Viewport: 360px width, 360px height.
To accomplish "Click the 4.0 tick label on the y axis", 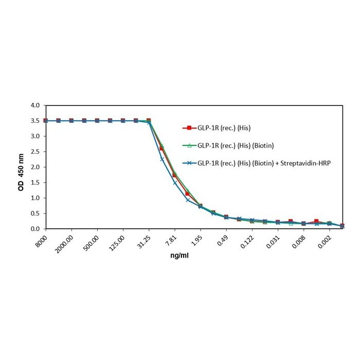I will [x=35, y=105].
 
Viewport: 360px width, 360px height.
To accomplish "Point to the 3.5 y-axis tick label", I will [x=35, y=121].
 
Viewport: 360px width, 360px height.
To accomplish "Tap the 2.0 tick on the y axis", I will [x=35, y=167].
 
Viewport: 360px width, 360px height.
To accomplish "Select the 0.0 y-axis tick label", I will [x=35, y=229].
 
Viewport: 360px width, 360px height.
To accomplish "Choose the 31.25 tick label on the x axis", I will [x=145, y=241].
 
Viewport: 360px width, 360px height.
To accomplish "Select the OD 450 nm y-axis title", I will [x=21, y=167].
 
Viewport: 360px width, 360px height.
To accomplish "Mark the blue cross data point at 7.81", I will [x=175, y=183].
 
